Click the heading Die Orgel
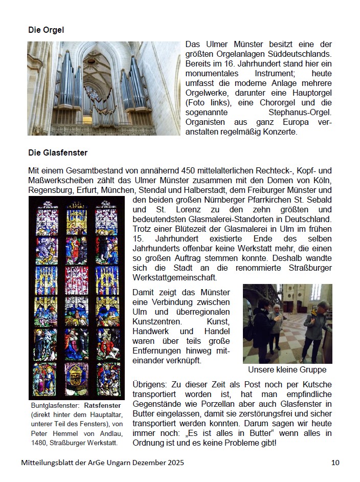click(x=46, y=30)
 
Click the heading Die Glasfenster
click(x=58, y=152)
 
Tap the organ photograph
click(x=104, y=89)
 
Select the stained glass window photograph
click(x=77, y=297)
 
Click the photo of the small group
click(x=287, y=323)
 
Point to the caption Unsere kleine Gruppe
click(x=287, y=369)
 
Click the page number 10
click(x=335, y=463)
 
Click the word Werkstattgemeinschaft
click(x=174, y=277)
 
